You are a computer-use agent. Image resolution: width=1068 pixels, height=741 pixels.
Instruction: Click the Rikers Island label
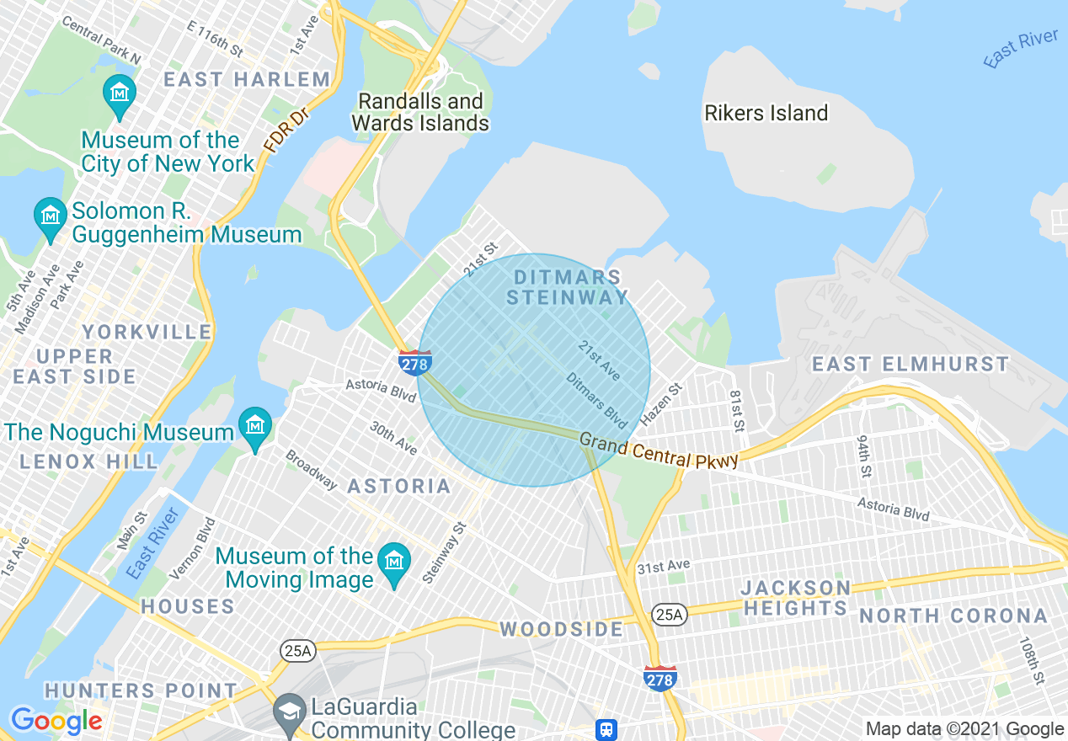click(766, 113)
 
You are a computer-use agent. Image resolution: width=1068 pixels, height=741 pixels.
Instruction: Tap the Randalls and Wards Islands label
click(420, 112)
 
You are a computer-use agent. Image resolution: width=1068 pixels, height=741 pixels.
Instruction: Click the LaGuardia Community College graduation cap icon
click(290, 712)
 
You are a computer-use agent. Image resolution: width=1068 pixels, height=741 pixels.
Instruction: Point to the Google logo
click(56, 721)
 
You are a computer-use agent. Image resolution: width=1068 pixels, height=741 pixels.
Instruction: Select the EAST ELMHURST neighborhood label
click(910, 364)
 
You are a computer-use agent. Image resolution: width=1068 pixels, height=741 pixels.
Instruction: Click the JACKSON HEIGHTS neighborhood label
click(796, 598)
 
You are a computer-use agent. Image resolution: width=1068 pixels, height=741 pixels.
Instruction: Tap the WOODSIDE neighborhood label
click(562, 629)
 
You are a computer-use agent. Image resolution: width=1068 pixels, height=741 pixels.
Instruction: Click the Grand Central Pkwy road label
click(659, 450)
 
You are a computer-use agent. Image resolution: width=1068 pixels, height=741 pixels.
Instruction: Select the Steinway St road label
click(444, 552)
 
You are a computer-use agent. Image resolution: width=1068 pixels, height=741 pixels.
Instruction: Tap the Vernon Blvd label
click(192, 548)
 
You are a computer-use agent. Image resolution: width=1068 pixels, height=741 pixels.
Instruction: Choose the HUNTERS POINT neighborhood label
click(141, 690)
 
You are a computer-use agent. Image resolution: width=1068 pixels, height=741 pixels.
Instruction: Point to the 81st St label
click(737, 411)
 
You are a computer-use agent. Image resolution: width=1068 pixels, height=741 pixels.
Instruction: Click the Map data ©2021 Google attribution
click(964, 729)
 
